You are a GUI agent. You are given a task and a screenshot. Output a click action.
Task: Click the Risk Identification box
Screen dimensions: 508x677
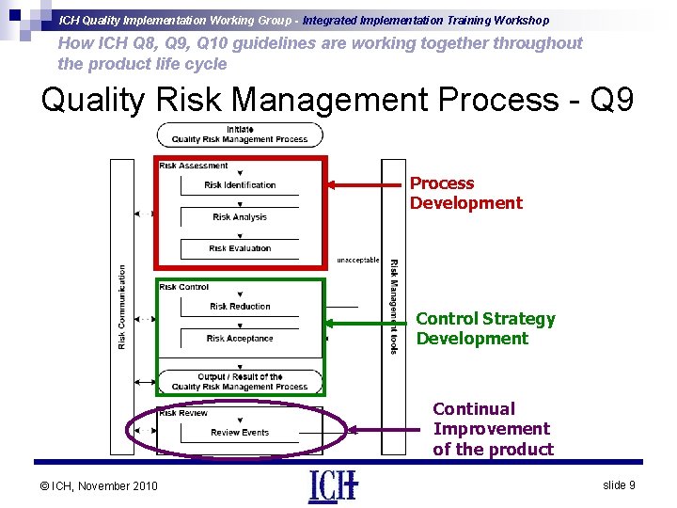tap(240, 185)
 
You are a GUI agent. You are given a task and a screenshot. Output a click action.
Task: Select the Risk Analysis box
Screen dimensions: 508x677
tap(240, 217)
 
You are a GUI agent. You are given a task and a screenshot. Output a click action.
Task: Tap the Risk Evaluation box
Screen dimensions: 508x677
tap(240, 248)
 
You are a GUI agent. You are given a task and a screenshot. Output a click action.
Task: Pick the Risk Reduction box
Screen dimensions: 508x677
tap(240, 307)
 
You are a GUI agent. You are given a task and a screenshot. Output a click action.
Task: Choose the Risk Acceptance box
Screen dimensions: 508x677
tap(240, 339)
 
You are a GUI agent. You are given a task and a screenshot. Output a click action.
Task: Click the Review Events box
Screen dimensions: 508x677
tap(240, 433)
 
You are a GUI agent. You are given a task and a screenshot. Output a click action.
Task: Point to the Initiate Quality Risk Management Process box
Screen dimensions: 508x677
tap(240, 135)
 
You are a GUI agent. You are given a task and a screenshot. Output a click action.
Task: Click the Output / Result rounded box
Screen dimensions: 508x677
tap(240, 382)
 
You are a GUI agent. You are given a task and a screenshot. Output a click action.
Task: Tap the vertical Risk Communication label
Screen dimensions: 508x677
tap(122, 307)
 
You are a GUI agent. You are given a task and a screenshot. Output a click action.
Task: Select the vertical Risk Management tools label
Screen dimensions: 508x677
tap(393, 307)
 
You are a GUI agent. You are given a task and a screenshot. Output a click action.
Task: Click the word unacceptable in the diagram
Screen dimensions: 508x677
tap(357, 261)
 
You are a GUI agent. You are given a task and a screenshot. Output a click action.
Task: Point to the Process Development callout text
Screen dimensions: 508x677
tap(465, 193)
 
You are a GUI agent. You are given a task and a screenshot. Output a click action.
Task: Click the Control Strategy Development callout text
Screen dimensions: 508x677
tap(485, 329)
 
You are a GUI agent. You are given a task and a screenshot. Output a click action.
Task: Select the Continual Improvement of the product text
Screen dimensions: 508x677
tap(493, 429)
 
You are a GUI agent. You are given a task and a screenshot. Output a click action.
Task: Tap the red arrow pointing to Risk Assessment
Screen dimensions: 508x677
tap(367, 185)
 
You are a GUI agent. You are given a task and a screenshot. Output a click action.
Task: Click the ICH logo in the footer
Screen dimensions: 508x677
tap(333, 485)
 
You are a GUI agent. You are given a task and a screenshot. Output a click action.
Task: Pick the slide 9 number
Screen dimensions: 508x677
tap(619, 484)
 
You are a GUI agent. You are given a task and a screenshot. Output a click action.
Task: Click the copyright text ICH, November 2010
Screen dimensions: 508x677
tap(100, 485)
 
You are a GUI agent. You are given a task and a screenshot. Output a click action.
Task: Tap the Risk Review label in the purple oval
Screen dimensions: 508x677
tap(183, 413)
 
